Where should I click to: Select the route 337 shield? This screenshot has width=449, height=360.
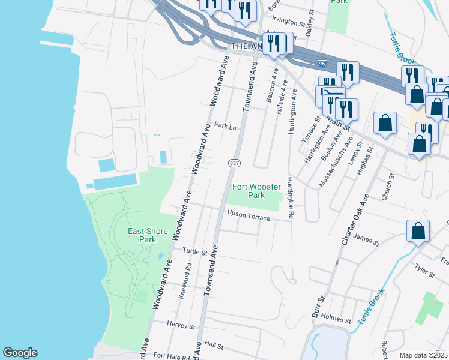234,163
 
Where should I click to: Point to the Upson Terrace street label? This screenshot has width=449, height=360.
249,215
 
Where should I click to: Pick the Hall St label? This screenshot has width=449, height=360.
214,346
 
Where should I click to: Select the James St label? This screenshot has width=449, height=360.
367,241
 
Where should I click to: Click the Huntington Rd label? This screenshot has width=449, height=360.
291,197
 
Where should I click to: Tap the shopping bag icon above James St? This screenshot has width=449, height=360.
418,231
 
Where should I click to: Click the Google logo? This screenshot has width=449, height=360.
20,353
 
